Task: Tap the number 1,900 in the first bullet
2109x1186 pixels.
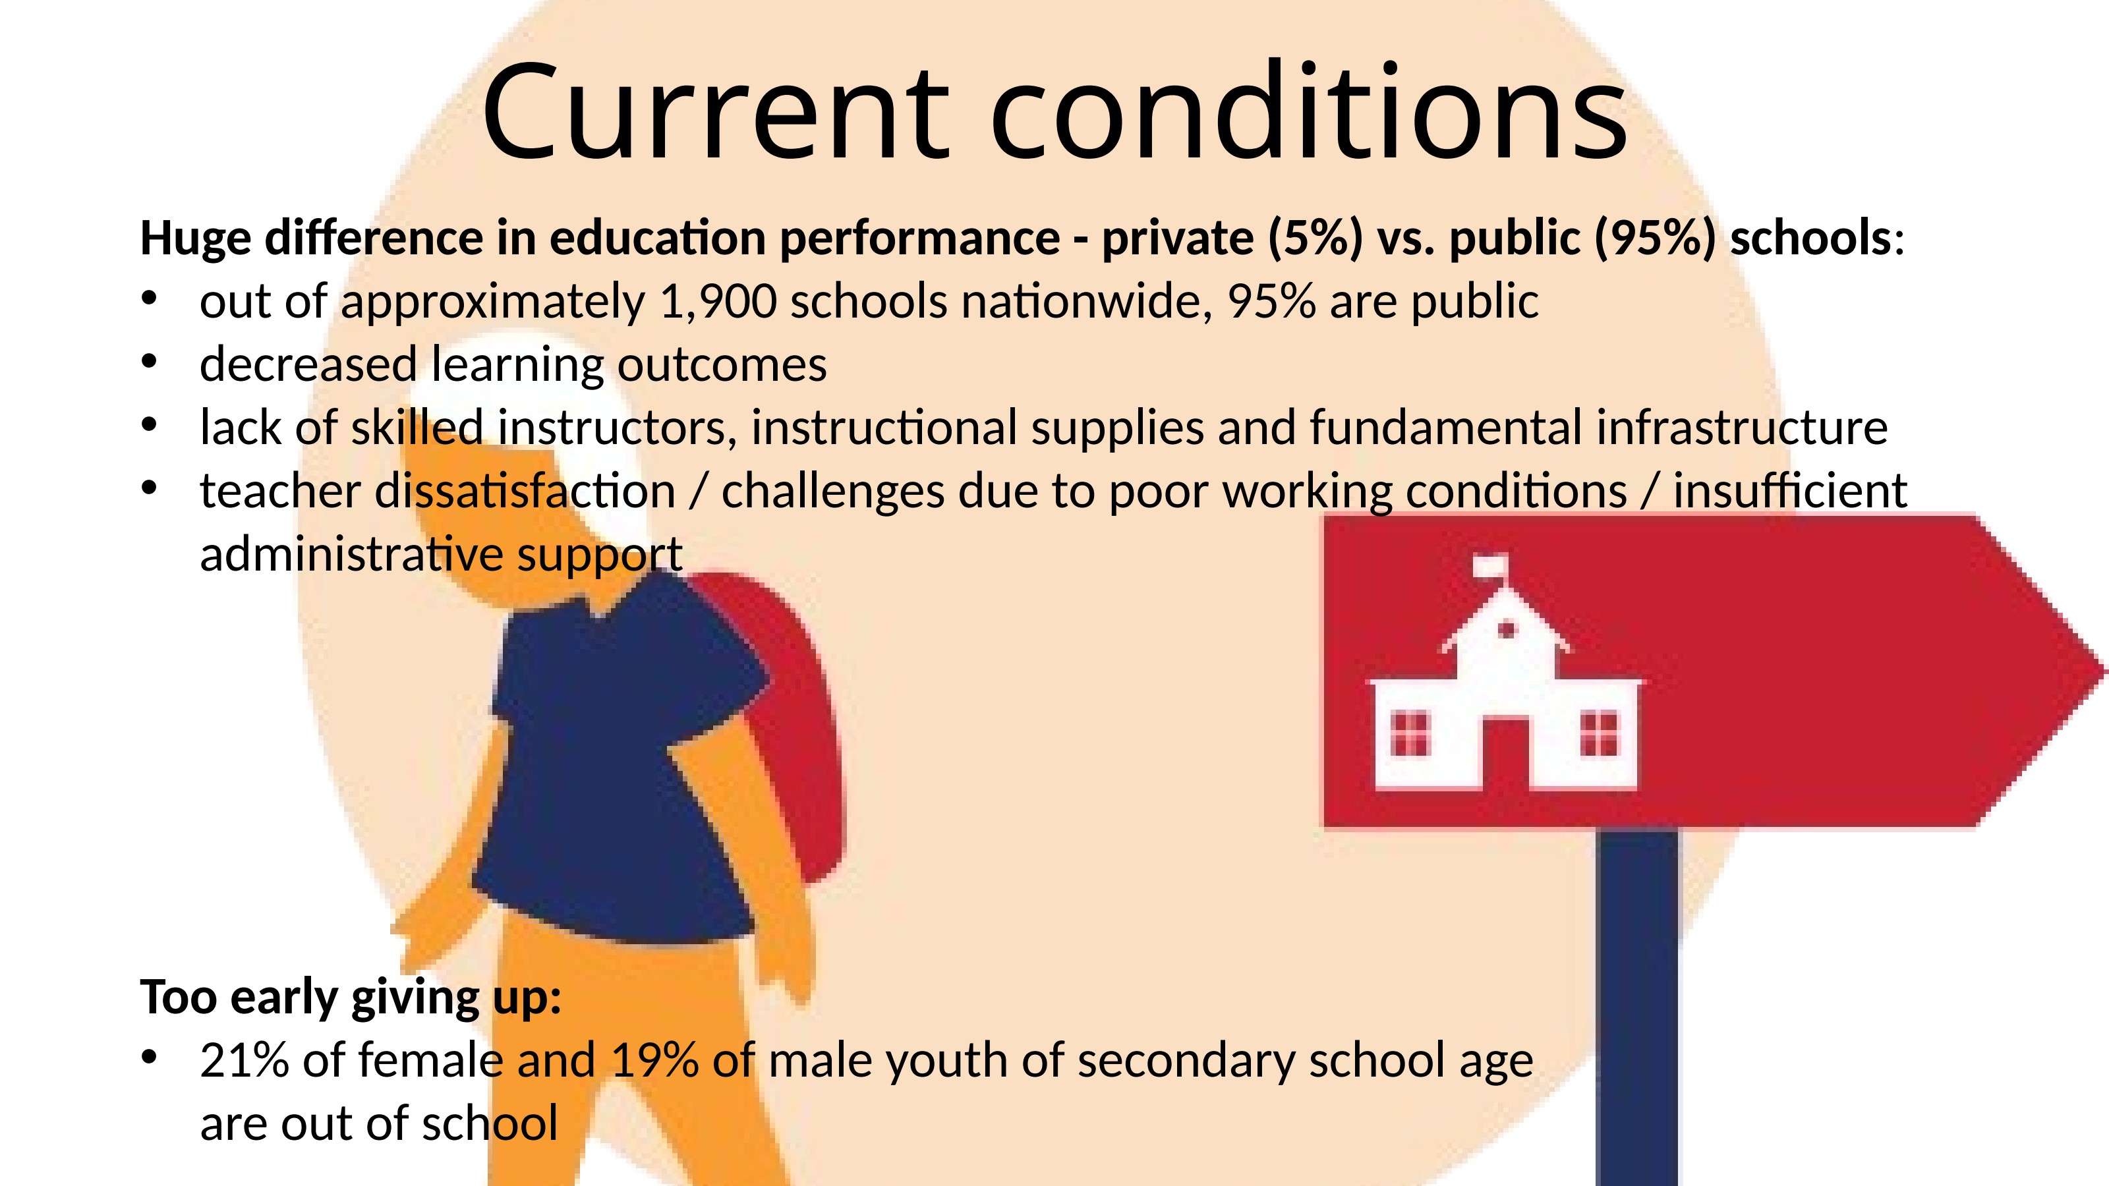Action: coord(718,302)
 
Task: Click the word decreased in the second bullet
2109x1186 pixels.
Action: coord(308,364)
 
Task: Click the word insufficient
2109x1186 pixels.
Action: coord(1791,490)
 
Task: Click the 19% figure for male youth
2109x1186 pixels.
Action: coord(655,1061)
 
